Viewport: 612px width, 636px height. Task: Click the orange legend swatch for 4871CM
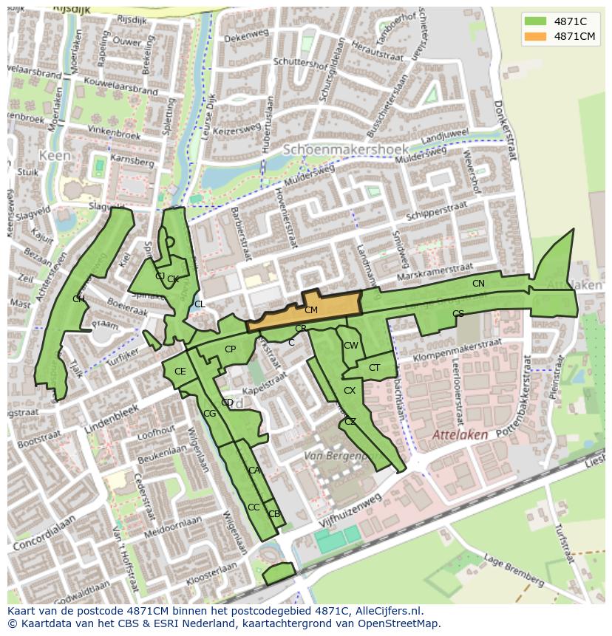point(536,36)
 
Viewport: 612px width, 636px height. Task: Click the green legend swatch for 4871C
point(536,21)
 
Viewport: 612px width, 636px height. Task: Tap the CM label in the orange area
point(311,310)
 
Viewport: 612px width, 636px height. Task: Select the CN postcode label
point(478,284)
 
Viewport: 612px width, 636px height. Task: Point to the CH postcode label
point(78,299)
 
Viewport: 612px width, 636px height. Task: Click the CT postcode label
point(374,368)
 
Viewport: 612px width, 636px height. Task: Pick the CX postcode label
point(350,391)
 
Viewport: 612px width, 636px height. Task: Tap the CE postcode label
point(180,372)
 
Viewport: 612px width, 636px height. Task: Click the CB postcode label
point(273,514)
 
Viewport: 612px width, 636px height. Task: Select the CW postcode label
point(351,346)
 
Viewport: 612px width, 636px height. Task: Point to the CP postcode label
point(230,349)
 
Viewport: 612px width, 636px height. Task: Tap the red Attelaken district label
point(460,435)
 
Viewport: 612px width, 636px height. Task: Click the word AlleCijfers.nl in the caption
point(389,611)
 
